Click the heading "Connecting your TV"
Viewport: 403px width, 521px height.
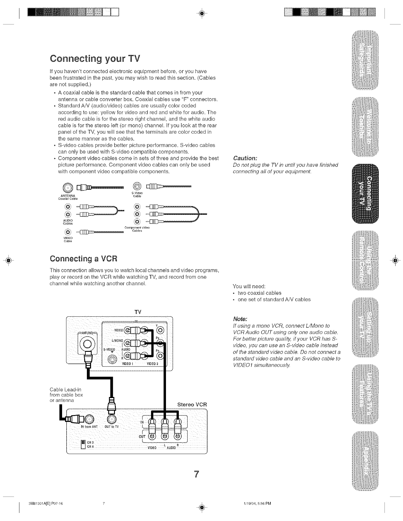tap(95, 58)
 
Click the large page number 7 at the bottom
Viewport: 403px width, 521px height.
tap(196, 474)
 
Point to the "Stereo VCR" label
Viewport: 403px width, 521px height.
tap(192, 405)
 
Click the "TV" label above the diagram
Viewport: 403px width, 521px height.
tap(138, 312)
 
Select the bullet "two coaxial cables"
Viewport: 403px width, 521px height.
tap(259, 293)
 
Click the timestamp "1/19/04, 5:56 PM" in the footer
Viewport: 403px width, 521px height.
tap(257, 503)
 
